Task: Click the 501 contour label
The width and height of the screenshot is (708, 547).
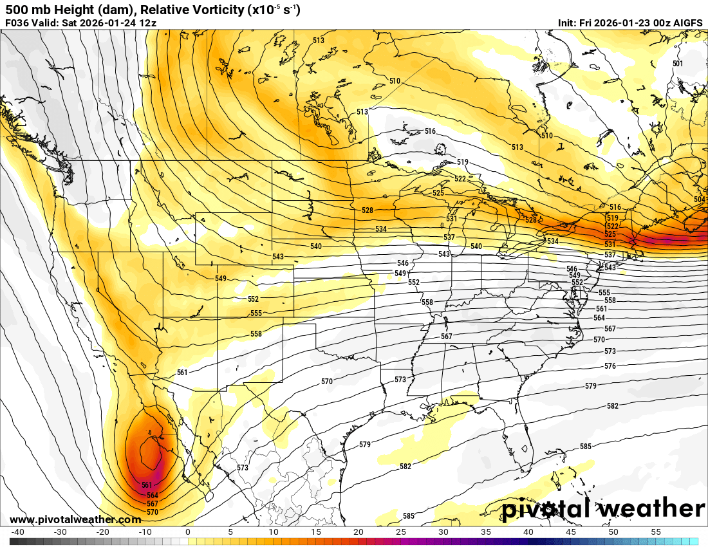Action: (x=678, y=64)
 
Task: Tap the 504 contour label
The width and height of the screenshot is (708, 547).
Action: (x=700, y=200)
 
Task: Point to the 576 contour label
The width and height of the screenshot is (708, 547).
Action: (x=610, y=366)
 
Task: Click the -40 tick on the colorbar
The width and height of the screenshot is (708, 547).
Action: (x=17, y=532)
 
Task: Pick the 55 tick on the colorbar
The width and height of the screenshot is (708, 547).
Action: (x=656, y=532)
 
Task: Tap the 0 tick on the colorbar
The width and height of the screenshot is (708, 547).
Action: (x=188, y=532)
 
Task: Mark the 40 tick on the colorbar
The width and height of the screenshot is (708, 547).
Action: (x=528, y=532)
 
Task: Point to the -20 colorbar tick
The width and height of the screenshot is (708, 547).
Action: (x=102, y=532)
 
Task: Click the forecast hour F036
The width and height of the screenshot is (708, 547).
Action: (x=18, y=23)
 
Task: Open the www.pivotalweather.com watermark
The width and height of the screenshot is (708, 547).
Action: (x=75, y=519)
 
